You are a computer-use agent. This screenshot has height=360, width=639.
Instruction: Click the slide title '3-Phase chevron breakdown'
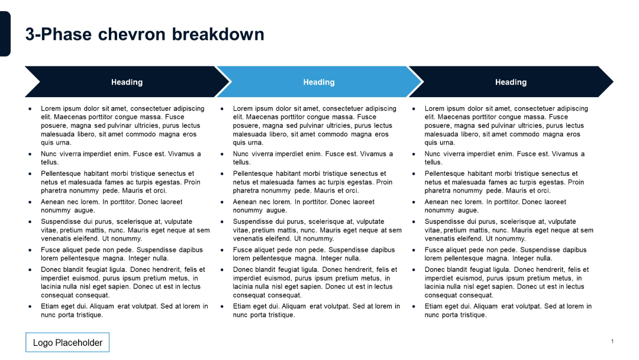pos(144,34)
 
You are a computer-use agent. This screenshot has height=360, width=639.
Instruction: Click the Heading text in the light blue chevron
pos(319,82)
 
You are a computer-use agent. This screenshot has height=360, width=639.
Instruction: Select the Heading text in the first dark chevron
pos(127,82)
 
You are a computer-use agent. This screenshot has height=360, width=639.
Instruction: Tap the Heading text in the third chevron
pos(511,82)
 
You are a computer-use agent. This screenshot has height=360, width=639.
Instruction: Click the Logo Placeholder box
pos(67,342)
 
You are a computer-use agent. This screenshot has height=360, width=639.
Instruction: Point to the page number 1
pos(612,341)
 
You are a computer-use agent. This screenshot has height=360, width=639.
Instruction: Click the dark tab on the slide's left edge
pos(5,34)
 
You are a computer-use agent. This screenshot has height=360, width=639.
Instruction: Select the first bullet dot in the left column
pos(30,109)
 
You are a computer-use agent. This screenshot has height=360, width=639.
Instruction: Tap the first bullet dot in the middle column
pos(222,109)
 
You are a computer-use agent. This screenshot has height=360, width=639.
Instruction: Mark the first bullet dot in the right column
pos(414,109)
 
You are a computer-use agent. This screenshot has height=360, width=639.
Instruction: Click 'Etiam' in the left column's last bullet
pos(50,306)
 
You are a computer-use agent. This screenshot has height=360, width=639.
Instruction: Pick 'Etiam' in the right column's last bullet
pos(434,306)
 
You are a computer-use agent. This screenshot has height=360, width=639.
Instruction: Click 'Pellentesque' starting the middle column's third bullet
pos(253,173)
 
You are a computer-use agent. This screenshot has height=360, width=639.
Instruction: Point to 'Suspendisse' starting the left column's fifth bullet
pos(59,221)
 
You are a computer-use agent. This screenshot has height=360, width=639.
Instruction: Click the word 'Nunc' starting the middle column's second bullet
pos(241,154)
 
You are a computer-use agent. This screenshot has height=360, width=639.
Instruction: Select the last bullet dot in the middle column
pos(222,307)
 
